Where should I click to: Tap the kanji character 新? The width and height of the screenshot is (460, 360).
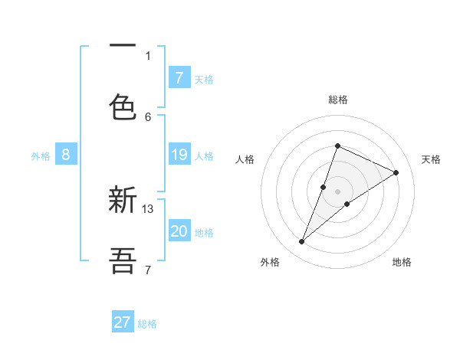click(123, 200)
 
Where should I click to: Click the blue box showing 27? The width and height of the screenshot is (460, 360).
click(123, 322)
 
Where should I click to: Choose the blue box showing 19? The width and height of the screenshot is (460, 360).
click(179, 155)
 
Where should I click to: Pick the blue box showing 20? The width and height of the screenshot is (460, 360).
click(179, 231)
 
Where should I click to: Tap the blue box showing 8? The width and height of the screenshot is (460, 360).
click(66, 155)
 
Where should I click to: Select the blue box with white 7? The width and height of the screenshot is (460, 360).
click(179, 78)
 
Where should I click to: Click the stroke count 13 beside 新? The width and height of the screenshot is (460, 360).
click(149, 208)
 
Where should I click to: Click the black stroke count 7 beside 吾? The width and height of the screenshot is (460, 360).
click(148, 269)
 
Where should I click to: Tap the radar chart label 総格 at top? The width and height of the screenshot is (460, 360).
click(337, 100)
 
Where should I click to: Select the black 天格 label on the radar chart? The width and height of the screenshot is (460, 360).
click(432, 159)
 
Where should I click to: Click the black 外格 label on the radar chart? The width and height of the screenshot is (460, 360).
click(269, 262)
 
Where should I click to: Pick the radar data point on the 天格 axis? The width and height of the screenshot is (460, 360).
click(396, 173)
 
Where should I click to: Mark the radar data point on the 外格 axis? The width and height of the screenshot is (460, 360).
click(302, 242)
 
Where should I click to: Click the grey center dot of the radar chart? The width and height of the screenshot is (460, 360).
click(337, 191)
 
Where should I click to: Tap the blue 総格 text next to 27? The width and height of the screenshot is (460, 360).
click(148, 324)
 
